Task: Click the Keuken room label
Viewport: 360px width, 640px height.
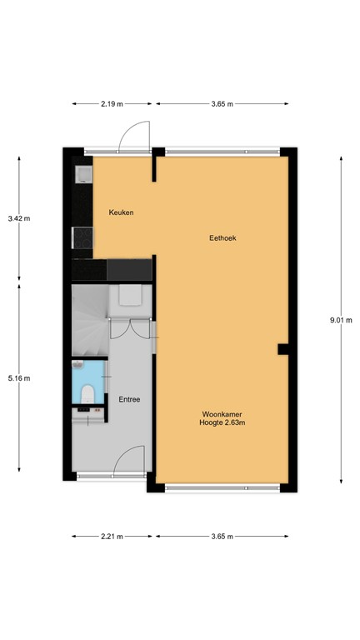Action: pyautogui.click(x=121, y=212)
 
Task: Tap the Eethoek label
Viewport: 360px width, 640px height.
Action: pyautogui.click(x=222, y=237)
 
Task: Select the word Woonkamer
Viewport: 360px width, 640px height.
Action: pyautogui.click(x=222, y=414)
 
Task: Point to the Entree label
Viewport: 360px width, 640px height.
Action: pyautogui.click(x=129, y=399)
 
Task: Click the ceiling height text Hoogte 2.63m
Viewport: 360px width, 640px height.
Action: pyautogui.click(x=222, y=423)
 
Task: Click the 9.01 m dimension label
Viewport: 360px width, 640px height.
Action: pyautogui.click(x=341, y=319)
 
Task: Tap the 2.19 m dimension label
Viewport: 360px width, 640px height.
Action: pyautogui.click(x=112, y=104)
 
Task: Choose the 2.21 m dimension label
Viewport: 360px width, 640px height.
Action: pyautogui.click(x=112, y=536)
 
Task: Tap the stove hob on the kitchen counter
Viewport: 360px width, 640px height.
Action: pyautogui.click(x=82, y=238)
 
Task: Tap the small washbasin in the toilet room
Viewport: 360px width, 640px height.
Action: pyautogui.click(x=79, y=367)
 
